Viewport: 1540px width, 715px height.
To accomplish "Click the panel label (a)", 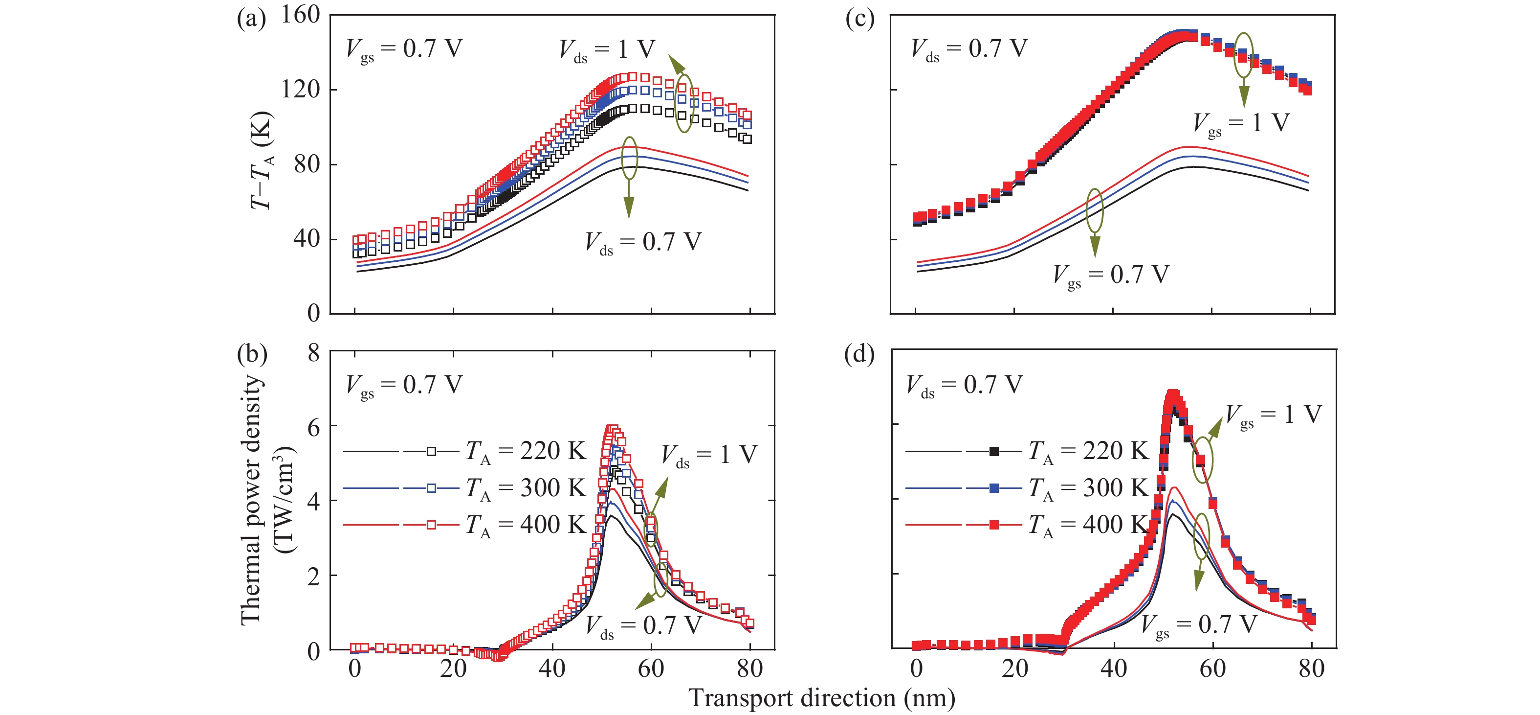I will coord(251,19).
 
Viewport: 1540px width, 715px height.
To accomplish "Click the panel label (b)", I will coord(252,354).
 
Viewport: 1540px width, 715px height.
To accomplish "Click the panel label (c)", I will coord(859,19).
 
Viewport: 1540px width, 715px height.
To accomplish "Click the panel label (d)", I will coord(859,354).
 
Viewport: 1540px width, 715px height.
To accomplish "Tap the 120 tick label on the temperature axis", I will coord(301,89).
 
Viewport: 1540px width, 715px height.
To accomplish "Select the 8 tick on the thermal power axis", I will coord(314,353).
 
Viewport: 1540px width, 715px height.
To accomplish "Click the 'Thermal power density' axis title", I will coord(251,500).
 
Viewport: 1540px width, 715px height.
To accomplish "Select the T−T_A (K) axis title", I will coord(261,161).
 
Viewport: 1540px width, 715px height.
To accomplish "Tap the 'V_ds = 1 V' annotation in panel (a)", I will coord(607,49).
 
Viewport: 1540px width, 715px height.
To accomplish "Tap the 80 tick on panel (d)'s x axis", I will coord(1312,669).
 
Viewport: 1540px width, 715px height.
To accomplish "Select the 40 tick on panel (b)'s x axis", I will coord(552,669).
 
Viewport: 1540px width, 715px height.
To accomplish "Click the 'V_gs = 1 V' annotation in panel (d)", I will coord(1274,415).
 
